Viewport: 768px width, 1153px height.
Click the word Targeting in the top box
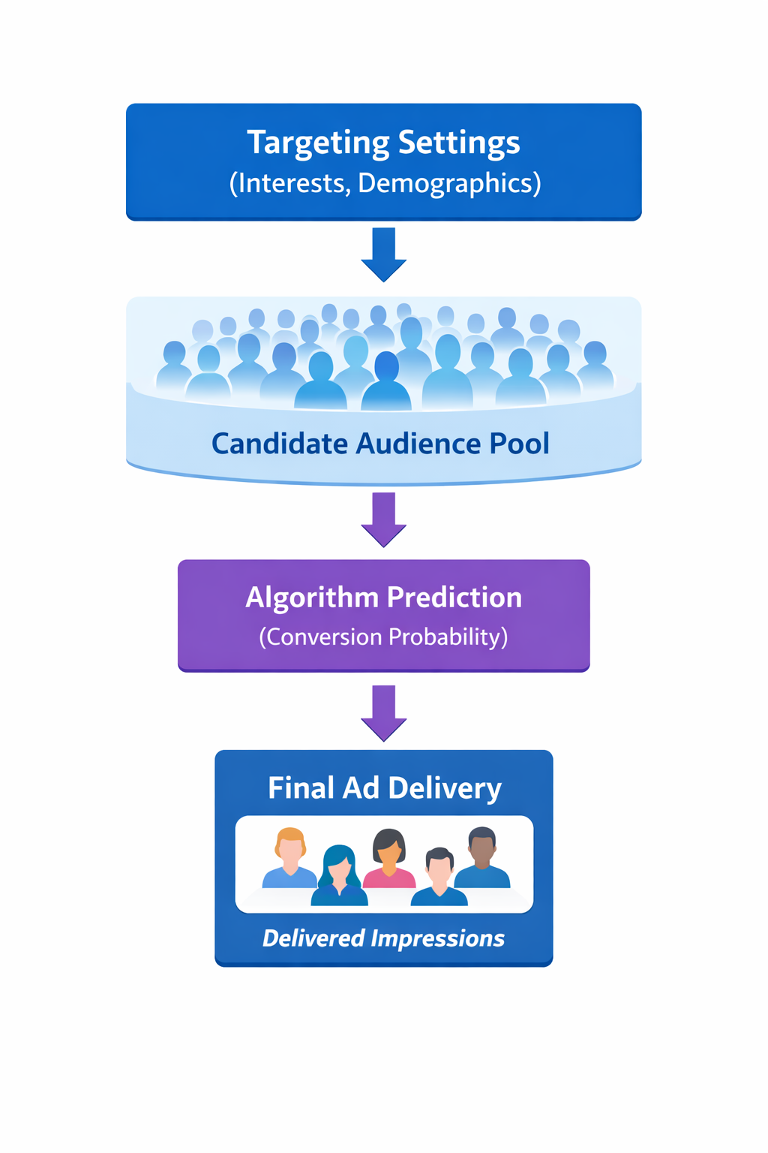tap(318, 143)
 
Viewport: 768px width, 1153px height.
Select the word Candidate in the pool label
tap(279, 444)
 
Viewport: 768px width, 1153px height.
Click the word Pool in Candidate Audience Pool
tap(519, 444)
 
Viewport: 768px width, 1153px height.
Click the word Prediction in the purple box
tap(454, 598)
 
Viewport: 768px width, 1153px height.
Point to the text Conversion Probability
tap(384, 637)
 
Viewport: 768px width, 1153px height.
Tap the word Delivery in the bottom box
tap(445, 788)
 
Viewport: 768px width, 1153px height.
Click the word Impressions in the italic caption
tap(437, 938)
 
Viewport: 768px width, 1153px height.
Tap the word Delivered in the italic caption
tap(313, 938)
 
